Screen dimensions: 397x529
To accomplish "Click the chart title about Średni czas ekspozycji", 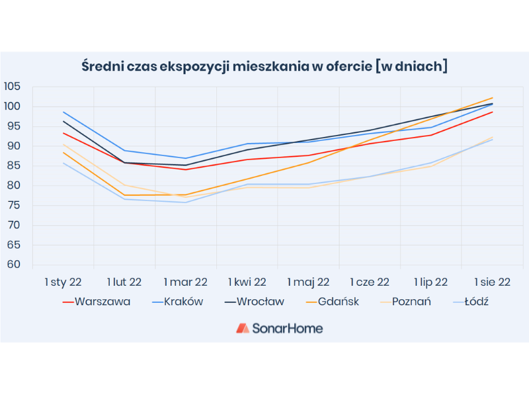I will point(264,66).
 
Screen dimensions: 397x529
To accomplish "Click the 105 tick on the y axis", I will point(12,87).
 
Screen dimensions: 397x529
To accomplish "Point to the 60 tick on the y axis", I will point(15,265).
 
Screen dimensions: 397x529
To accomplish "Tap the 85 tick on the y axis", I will point(15,166).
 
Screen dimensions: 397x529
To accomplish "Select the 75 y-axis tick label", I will point(15,206).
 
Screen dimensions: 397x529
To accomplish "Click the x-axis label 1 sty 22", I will point(63,282).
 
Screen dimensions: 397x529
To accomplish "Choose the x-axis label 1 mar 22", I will point(185,282).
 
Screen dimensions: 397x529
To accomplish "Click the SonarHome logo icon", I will point(243,328).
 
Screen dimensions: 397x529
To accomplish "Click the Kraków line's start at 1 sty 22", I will point(63,112).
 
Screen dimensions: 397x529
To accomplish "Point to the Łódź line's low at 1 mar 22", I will point(186,202).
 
